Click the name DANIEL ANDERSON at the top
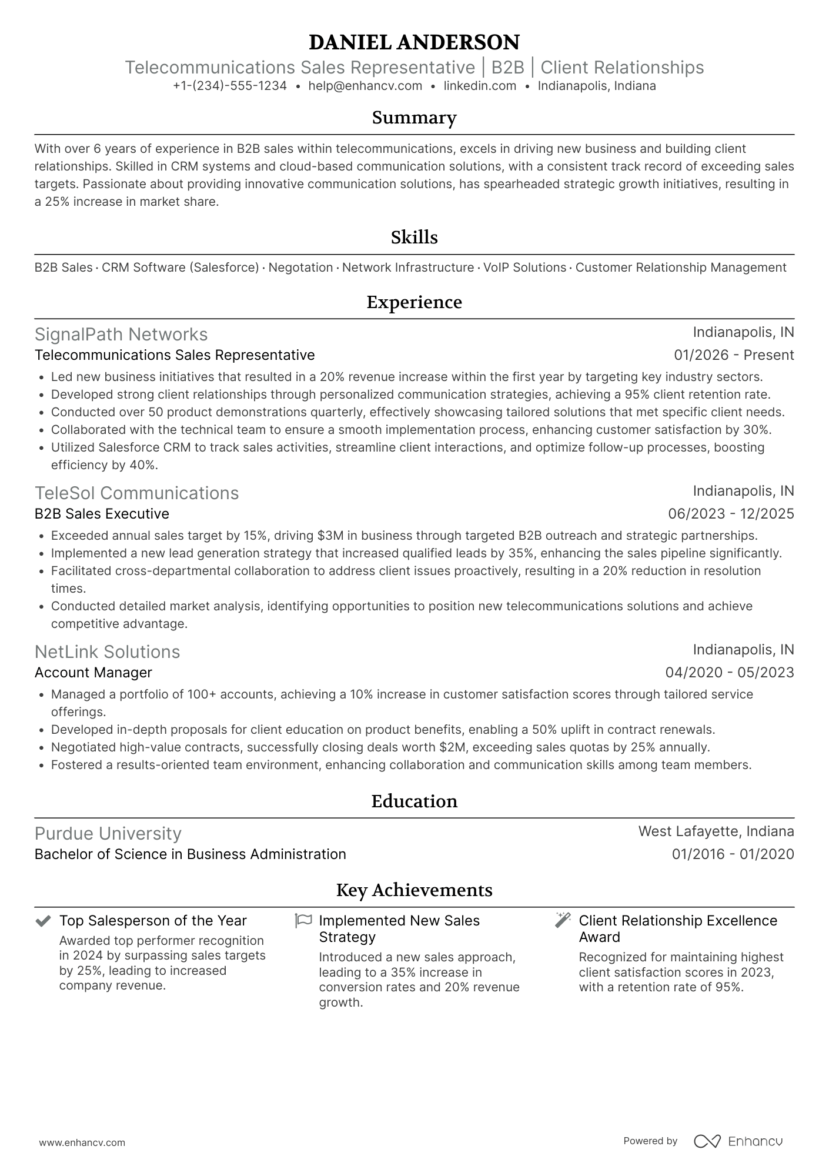pos(414,42)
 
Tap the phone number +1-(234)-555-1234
pos(230,86)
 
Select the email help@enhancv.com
pos(365,86)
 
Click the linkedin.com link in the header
pos(480,86)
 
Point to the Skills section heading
pos(414,238)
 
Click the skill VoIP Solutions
pos(524,268)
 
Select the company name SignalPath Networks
pos(121,335)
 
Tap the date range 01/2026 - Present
pos(734,355)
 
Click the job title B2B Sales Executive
pos(102,514)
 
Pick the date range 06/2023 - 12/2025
pos(731,514)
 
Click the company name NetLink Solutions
pos(107,652)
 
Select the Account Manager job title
pos(93,673)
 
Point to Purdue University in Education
pos(108,834)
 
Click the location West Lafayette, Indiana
pos(716,831)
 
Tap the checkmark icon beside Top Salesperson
pos(43,921)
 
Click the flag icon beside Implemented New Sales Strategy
pos(303,921)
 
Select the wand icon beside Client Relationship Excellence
pos(563,921)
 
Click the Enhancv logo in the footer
pos(738,1141)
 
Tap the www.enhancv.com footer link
pos(82,1143)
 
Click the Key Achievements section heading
pos(414,890)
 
